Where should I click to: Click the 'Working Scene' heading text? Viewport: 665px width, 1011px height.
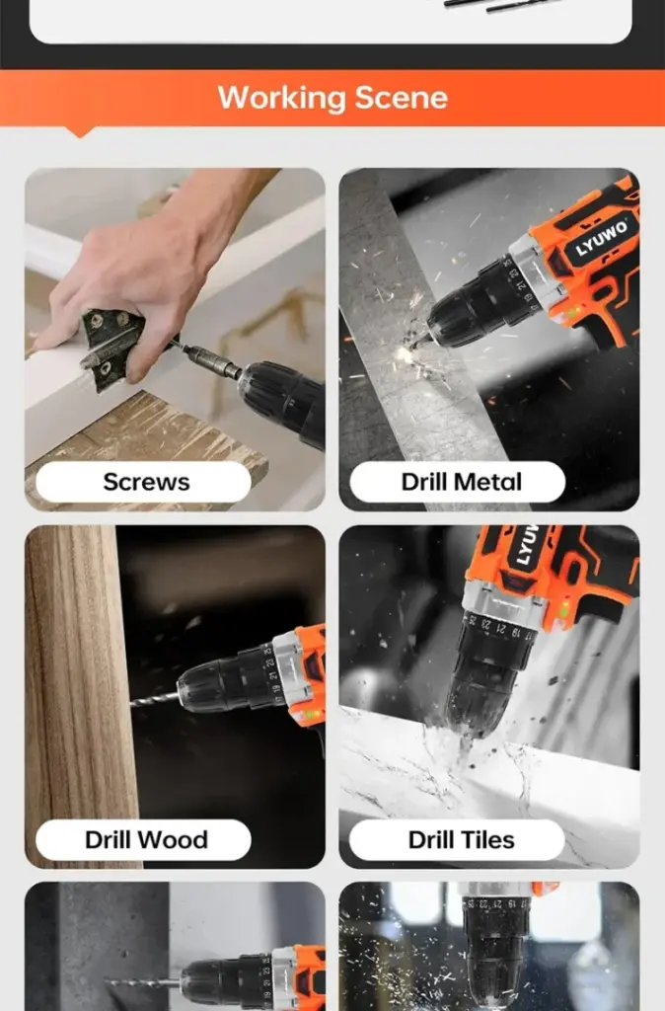pos(332,98)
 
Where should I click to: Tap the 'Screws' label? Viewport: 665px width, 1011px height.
pos(146,482)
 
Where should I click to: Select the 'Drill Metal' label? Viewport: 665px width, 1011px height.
pos(461,482)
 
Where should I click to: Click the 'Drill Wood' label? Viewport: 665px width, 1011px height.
pos(146,840)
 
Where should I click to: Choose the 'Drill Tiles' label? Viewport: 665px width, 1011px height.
pos(461,840)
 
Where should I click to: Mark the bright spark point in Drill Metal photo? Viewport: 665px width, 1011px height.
pos(406,350)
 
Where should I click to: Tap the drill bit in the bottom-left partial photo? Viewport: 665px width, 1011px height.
pos(143,984)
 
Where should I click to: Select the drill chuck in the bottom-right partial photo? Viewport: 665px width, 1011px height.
pos(493,948)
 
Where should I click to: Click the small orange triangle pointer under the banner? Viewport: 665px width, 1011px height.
pos(80,131)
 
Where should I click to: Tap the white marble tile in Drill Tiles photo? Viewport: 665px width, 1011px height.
pos(474,780)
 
